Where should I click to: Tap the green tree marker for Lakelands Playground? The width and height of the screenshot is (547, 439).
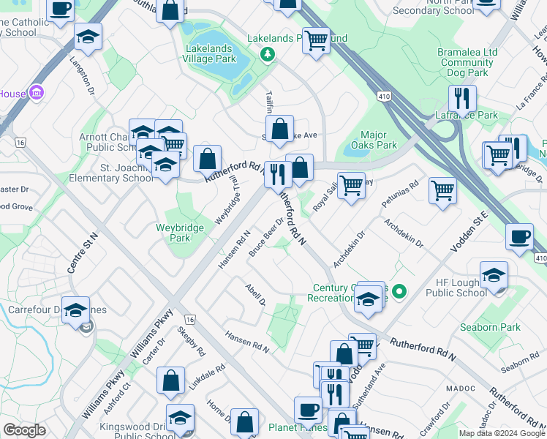point(268,53)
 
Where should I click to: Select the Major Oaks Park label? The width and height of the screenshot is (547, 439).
point(379,139)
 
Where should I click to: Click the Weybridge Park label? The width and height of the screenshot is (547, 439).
point(174,233)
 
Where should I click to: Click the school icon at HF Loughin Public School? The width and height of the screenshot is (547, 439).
point(494,276)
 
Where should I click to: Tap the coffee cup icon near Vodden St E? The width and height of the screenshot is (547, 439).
point(519,237)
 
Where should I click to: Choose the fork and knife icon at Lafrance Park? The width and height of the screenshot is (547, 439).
point(462,99)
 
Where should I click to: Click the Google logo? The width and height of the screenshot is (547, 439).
point(25,430)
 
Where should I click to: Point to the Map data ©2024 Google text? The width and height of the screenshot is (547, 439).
point(501,433)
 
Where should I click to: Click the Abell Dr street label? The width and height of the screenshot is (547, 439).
point(255,296)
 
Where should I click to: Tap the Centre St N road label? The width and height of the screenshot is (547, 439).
point(82,252)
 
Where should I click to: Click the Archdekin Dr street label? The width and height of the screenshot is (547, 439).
point(348,249)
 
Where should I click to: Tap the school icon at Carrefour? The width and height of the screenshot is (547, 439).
point(76,310)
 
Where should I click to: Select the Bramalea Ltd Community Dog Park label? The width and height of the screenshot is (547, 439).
point(467,63)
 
